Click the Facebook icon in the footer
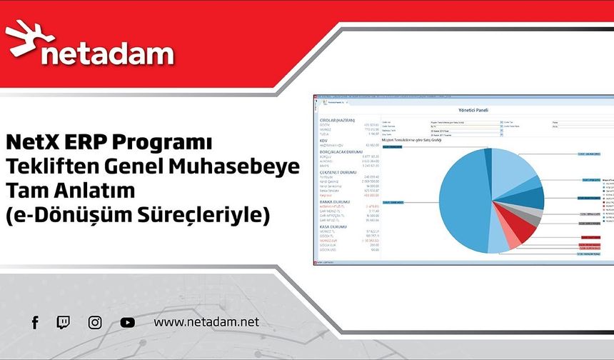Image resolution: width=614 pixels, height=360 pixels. (x=35, y=323)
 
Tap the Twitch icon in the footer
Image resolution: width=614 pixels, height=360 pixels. (x=63, y=323)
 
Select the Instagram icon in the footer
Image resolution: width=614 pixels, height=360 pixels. (x=95, y=323)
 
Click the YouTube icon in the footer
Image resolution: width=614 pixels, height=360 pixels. (x=128, y=323)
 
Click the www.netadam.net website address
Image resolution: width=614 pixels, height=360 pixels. (x=206, y=323)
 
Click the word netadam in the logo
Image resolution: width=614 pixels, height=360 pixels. (x=107, y=54)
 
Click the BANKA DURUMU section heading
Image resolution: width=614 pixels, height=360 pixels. (x=334, y=202)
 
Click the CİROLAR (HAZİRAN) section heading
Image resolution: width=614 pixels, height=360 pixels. (x=336, y=120)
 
